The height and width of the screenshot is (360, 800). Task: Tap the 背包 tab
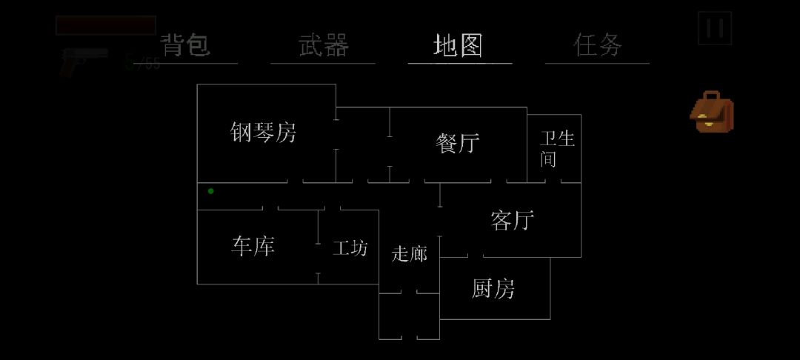point(186,45)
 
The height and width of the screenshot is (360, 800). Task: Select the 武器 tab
point(323,45)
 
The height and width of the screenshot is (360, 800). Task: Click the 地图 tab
point(459,45)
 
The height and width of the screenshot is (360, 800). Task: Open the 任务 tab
point(598,45)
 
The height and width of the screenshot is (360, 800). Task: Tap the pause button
point(715,28)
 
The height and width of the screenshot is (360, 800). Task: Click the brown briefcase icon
point(712,113)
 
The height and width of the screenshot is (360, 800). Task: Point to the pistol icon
point(83,61)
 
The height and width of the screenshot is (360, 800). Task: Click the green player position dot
point(211,191)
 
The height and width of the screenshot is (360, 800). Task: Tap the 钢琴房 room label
point(264,133)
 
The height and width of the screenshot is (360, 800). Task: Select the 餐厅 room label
point(458,143)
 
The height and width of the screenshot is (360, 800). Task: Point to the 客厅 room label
point(513,220)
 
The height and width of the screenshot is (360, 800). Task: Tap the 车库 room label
point(253,246)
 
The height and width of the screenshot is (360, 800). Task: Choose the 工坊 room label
point(350,247)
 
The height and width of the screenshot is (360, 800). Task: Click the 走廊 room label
point(410,254)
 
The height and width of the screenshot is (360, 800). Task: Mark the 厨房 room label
point(493,289)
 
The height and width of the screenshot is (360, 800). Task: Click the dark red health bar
point(105,25)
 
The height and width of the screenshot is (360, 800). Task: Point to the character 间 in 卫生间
point(548,159)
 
